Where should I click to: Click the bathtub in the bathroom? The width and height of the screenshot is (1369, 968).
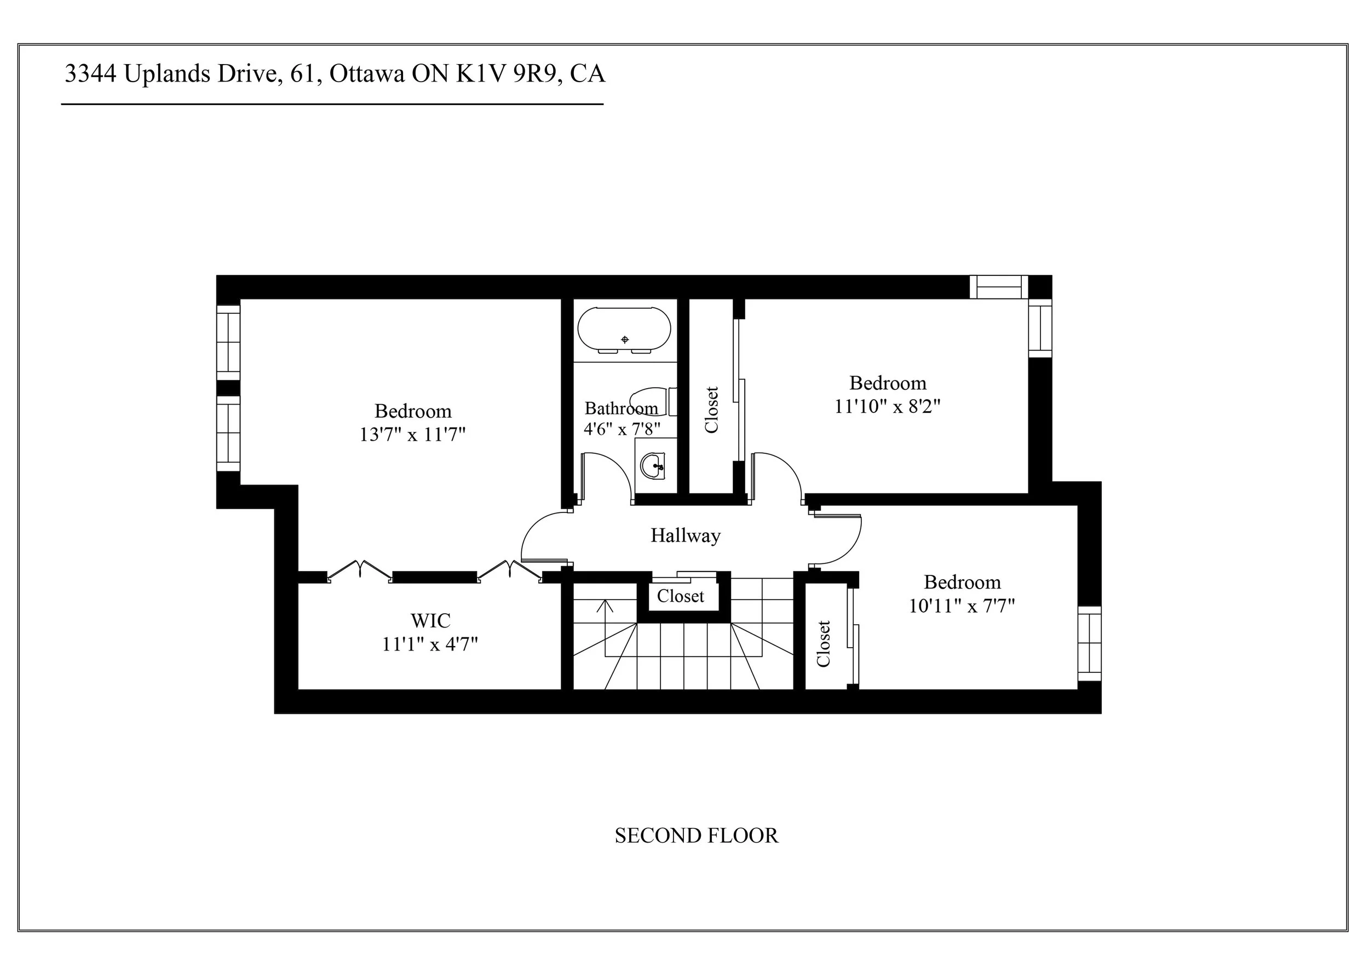pyautogui.click(x=624, y=330)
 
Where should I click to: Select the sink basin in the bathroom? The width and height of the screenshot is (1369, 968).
pyautogui.click(x=653, y=465)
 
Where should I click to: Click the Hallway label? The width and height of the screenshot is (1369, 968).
pyautogui.click(x=685, y=535)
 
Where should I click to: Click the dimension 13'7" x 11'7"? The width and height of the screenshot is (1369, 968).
pyautogui.click(x=412, y=435)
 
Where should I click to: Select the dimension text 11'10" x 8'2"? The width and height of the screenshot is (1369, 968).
pyautogui.click(x=887, y=406)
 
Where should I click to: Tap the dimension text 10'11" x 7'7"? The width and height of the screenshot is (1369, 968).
pyautogui.click(x=962, y=606)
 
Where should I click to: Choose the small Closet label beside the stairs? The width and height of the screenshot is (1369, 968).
pyautogui.click(x=680, y=596)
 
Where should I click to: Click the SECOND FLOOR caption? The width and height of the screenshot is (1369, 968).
pyautogui.click(x=696, y=836)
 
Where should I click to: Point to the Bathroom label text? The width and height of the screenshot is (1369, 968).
pyautogui.click(x=622, y=408)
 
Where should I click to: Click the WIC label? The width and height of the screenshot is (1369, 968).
pyautogui.click(x=430, y=620)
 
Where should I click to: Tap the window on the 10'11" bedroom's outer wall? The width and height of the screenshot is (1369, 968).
pyautogui.click(x=1089, y=643)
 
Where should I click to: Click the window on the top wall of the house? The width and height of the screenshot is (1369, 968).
pyautogui.click(x=999, y=287)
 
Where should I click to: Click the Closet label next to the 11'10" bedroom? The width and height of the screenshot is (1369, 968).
pyautogui.click(x=711, y=410)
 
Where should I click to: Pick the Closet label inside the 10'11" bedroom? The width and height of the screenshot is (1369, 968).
pyautogui.click(x=824, y=644)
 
